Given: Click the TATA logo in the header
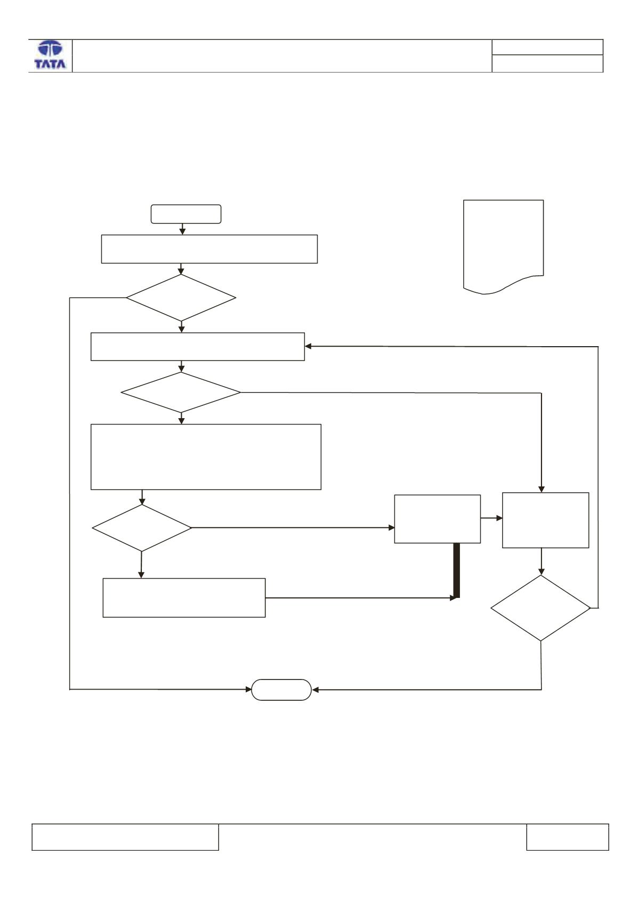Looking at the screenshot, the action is (50, 55).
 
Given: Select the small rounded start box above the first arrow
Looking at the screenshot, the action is (185, 214).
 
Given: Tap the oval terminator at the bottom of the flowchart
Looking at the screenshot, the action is (281, 690).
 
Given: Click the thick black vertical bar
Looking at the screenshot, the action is (457, 570).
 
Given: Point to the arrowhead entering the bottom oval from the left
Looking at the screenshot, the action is (248, 690).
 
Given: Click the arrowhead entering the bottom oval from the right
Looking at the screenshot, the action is (315, 690).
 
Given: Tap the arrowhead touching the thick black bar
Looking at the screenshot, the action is (453, 598).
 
